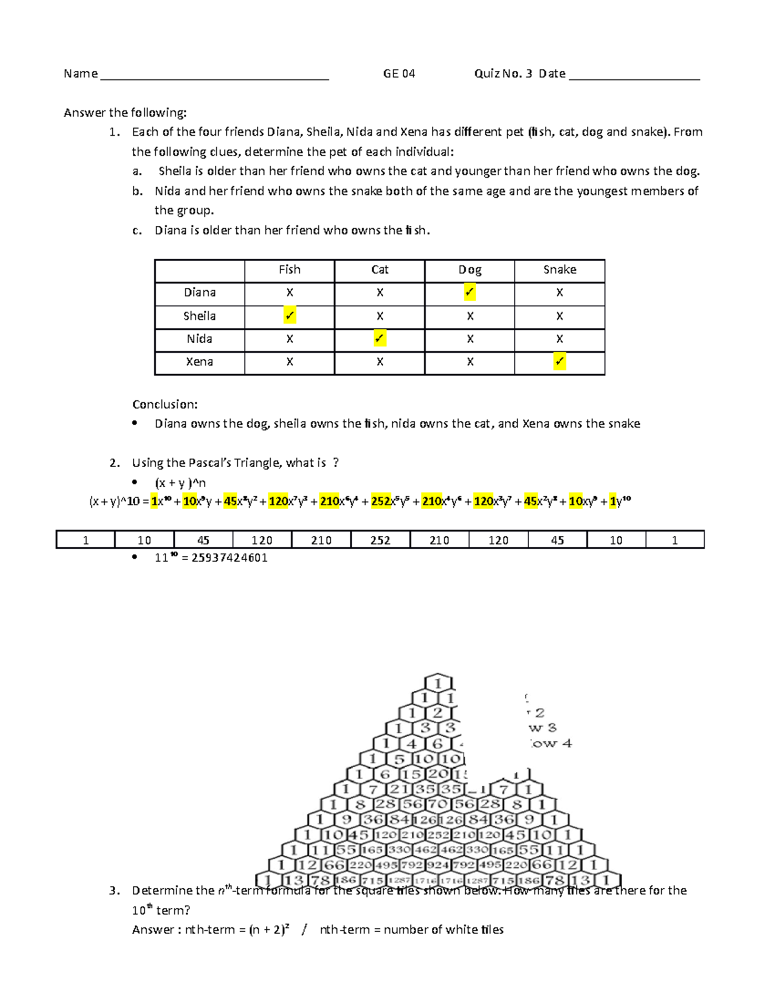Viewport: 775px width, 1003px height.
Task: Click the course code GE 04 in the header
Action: click(398, 74)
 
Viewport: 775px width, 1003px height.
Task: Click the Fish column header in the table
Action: click(289, 270)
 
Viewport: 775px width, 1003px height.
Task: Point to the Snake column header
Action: click(559, 270)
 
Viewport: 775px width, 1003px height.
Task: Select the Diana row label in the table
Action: click(200, 293)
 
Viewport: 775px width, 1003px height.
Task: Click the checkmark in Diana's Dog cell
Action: click(470, 293)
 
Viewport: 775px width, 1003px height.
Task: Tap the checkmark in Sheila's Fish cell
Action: click(289, 316)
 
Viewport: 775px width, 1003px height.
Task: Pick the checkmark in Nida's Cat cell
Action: click(380, 338)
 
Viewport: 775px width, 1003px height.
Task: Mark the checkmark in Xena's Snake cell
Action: click(559, 362)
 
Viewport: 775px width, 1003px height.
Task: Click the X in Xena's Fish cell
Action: click(289, 362)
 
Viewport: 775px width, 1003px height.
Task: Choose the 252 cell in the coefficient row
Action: click(380, 540)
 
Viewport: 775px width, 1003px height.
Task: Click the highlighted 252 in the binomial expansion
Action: click(381, 501)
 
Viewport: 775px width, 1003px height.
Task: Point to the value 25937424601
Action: click(229, 558)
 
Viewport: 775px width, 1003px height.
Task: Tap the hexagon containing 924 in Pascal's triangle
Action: click(438, 865)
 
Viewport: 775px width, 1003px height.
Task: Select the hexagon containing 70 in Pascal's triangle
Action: click(438, 805)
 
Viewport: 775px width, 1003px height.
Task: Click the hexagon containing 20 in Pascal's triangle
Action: click(438, 774)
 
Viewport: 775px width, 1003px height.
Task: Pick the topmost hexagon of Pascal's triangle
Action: click(438, 683)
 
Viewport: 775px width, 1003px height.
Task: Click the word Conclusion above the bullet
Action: click(165, 404)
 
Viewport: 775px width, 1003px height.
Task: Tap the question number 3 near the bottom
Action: click(114, 891)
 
